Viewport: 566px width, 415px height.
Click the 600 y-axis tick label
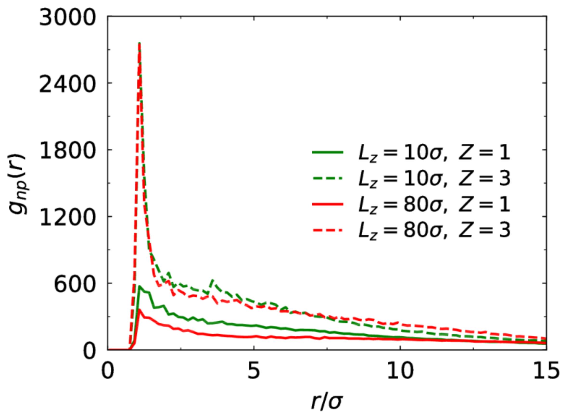click(x=74, y=285)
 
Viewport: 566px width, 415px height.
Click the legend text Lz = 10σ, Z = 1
click(x=434, y=153)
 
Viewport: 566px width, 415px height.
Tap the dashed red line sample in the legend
click(x=328, y=230)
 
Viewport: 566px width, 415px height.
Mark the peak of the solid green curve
click(x=139, y=286)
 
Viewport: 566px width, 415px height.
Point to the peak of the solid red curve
click(x=139, y=310)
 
